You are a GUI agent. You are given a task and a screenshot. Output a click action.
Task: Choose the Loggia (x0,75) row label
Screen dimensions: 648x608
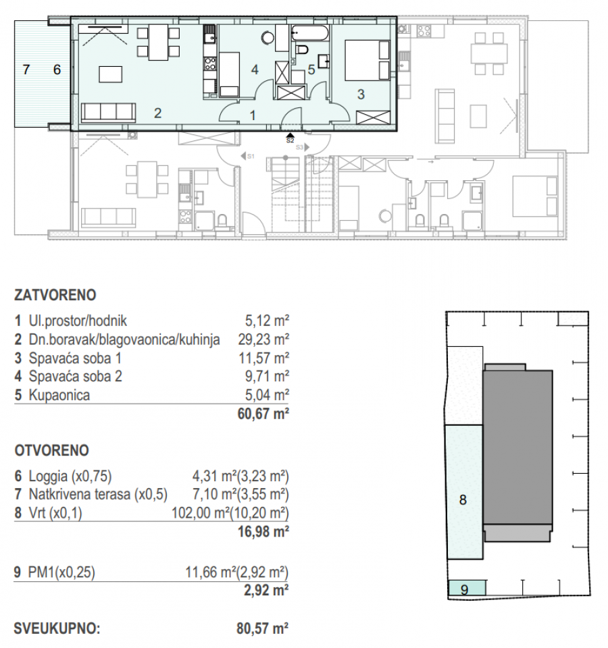(x=71, y=477)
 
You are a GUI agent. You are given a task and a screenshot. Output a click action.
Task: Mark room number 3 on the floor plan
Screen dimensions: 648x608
(x=361, y=95)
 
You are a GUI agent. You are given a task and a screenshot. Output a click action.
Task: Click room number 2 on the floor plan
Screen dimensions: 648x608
(x=157, y=113)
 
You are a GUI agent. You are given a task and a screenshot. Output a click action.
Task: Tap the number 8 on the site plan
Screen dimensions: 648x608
(x=463, y=500)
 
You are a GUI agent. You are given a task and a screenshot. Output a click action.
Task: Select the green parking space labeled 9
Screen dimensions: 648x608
(x=467, y=587)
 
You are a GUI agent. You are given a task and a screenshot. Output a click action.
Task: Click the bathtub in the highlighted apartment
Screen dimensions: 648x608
(x=310, y=32)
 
